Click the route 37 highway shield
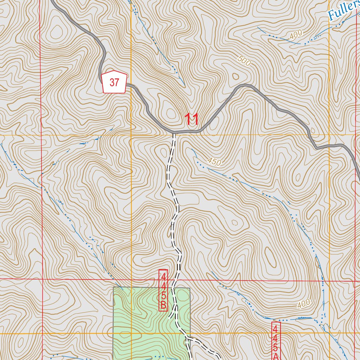coord(114,82)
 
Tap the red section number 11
coord(192,120)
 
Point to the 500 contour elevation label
coord(244,61)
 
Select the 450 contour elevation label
coord(214,162)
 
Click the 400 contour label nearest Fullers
coord(296,35)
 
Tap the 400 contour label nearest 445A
coord(303,303)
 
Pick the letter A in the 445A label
coord(276,356)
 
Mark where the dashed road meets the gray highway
coord(174,133)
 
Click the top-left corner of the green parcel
coord(114,287)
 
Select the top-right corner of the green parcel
coord(190,288)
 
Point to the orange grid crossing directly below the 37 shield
coord(131,135)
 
